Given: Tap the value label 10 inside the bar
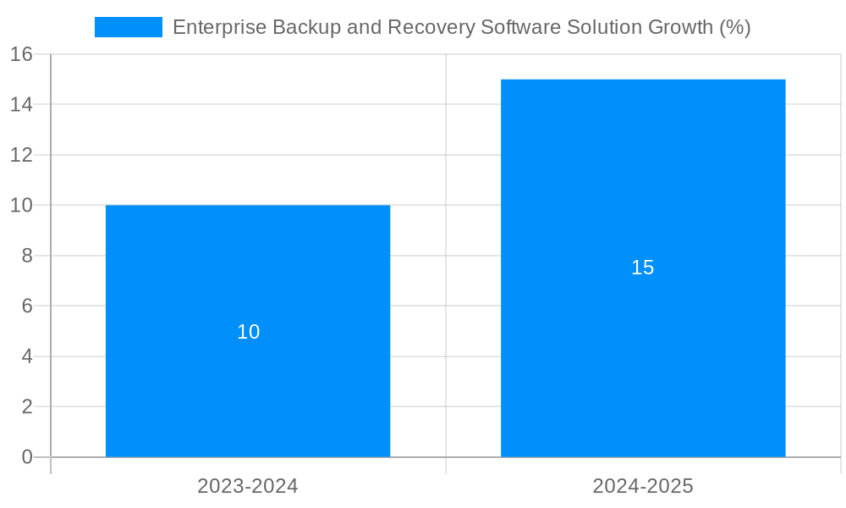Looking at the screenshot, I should point(248,332).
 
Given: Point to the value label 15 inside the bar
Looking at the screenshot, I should point(643,268).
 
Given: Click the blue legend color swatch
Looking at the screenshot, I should point(128,27).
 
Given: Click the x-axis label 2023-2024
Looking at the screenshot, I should point(248,486).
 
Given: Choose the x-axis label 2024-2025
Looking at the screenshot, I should point(643,486).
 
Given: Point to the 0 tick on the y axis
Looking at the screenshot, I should point(27,457).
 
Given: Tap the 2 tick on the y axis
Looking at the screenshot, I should point(27,406).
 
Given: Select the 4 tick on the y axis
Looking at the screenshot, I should point(27,356).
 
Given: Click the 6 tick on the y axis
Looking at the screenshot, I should point(27,306).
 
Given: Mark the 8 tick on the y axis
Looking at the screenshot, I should point(27,256).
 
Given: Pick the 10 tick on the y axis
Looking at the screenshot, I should point(22,205).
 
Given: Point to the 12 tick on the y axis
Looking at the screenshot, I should point(22,155).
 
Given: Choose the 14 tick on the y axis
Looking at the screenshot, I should point(22,104).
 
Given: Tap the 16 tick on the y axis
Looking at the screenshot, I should point(22,54).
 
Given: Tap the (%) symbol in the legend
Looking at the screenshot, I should point(735,27).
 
